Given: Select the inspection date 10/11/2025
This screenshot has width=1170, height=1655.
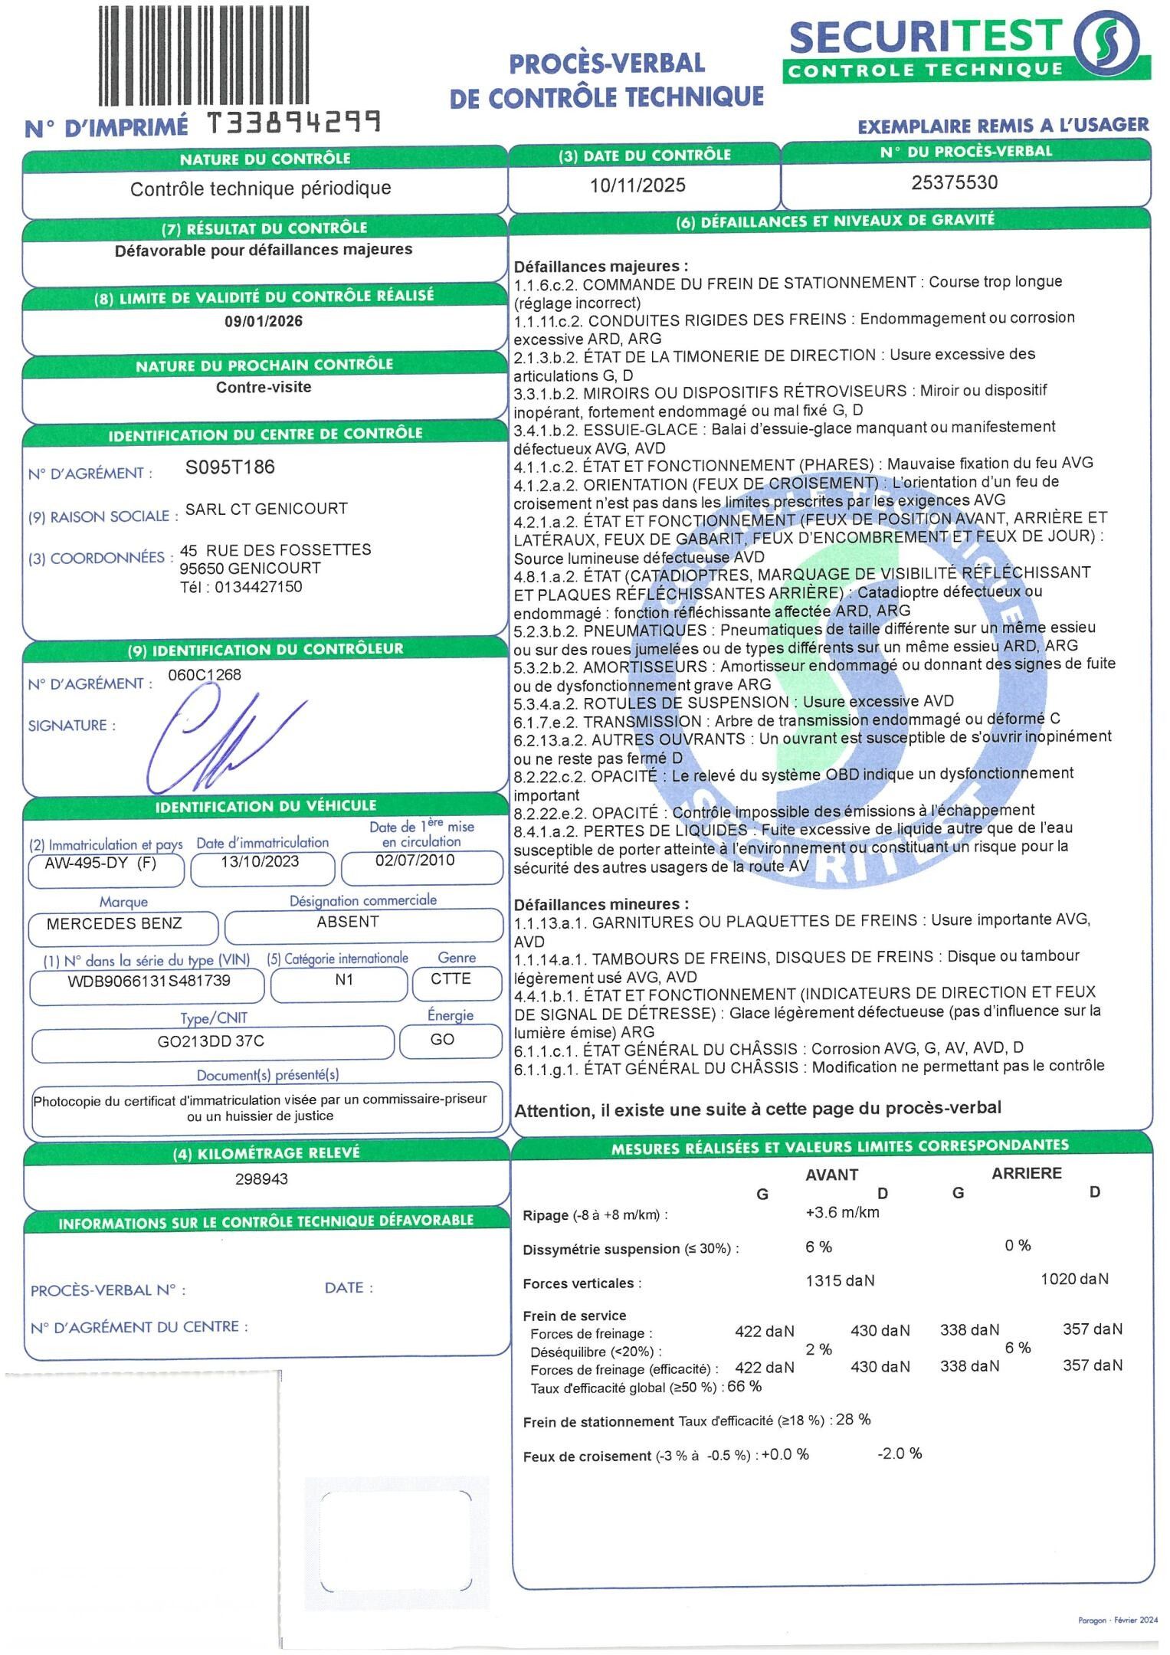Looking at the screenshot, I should tap(637, 185).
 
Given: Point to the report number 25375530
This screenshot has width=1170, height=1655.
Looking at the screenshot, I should tap(955, 182).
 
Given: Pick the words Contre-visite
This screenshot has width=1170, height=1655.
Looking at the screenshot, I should tap(264, 387).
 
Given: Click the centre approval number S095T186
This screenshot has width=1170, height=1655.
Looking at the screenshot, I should tap(230, 467).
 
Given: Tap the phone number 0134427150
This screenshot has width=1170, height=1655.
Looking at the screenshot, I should tap(258, 587).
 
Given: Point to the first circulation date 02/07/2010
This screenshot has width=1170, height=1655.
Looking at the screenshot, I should tap(415, 860).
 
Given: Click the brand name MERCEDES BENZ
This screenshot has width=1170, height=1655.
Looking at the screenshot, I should tap(114, 923).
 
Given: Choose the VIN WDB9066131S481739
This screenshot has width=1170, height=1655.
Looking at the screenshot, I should tap(149, 981).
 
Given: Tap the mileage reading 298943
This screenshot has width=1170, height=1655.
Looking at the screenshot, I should tap(261, 1178).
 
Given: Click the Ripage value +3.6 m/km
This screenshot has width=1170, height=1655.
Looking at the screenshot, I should tap(842, 1213).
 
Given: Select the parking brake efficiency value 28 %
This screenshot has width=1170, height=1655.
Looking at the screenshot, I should tap(853, 1419).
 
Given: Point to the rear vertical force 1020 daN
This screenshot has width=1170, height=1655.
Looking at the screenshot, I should tap(1074, 1279).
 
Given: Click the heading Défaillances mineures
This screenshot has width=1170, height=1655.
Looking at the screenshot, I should tap(601, 904).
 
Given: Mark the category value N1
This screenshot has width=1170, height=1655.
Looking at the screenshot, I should tap(344, 980).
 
